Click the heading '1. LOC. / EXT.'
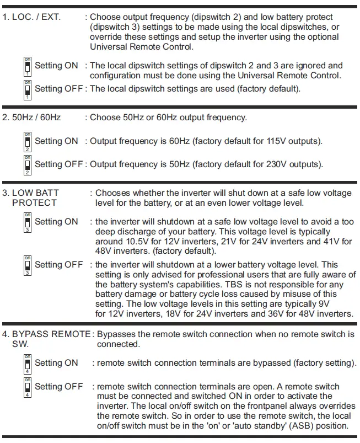tap(32, 17)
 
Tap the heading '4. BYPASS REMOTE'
tap(46, 334)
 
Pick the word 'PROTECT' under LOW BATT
tap(34, 203)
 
